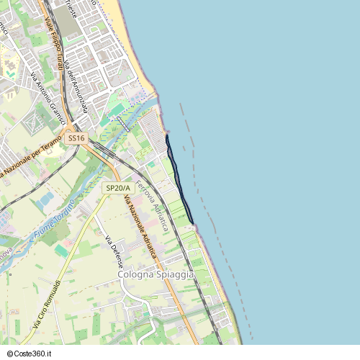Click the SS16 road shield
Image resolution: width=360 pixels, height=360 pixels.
point(76,138)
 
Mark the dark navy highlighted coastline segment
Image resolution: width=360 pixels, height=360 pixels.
point(179,179)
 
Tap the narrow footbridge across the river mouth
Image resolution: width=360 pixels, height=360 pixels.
point(123,123)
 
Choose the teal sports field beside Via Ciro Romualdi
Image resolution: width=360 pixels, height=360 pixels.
point(61,251)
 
